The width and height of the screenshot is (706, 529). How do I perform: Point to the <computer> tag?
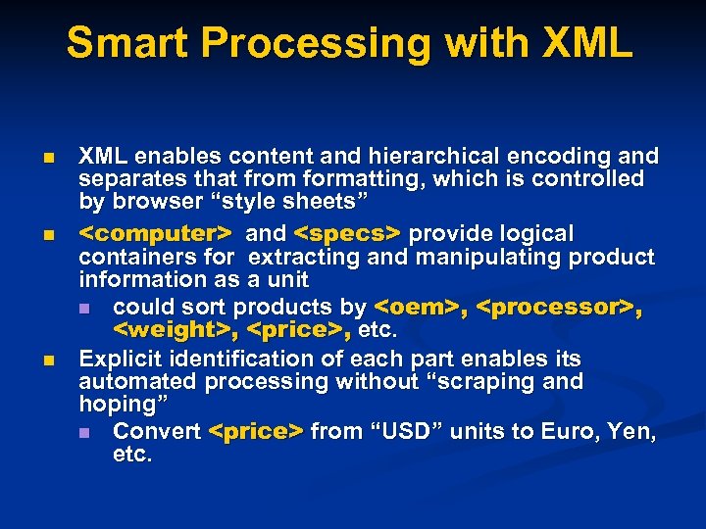[x=156, y=234]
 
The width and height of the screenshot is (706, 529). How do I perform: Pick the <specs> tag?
[x=348, y=234]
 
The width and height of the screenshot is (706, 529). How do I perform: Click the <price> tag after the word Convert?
[x=257, y=432]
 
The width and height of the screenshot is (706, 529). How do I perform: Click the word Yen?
[x=632, y=432]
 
